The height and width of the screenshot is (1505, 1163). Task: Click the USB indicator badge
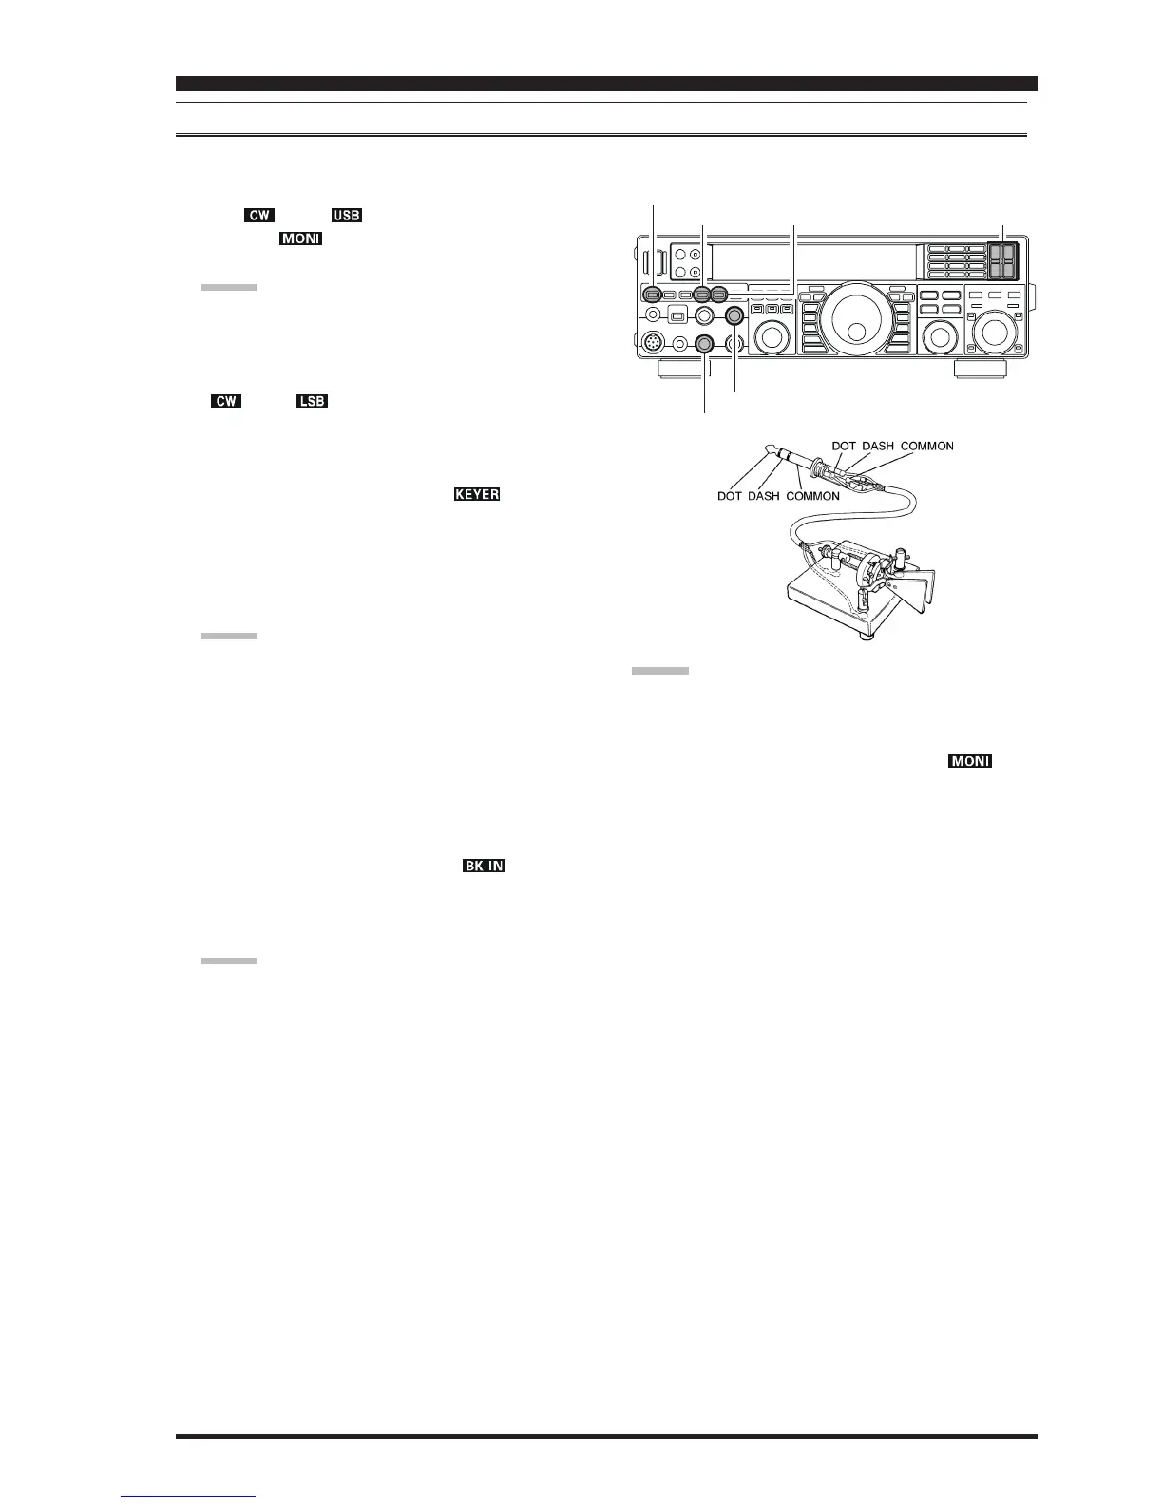(347, 216)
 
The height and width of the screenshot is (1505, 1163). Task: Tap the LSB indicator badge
(312, 402)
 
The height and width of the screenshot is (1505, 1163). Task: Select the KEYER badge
(476, 495)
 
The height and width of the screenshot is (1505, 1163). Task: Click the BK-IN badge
(484, 867)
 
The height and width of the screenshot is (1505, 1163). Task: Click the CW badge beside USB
(259, 216)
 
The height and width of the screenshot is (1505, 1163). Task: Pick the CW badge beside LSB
(226, 402)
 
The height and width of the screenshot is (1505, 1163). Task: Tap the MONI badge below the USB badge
(300, 238)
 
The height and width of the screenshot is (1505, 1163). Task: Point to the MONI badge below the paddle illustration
(968, 762)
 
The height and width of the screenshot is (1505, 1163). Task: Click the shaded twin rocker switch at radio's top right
(1002, 259)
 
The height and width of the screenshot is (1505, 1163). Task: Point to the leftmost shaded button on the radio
(653, 295)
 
